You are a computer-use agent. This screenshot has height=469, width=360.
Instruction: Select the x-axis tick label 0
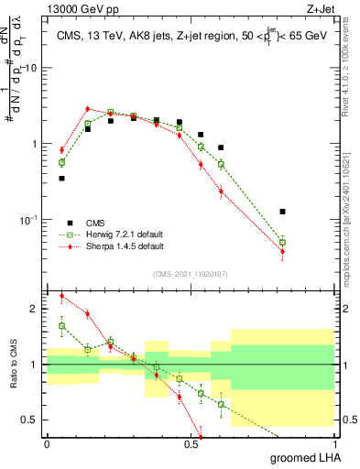point(47,443)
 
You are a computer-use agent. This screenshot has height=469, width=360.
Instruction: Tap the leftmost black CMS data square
point(61,179)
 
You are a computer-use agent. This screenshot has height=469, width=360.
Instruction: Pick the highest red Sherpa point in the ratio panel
point(61,296)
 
